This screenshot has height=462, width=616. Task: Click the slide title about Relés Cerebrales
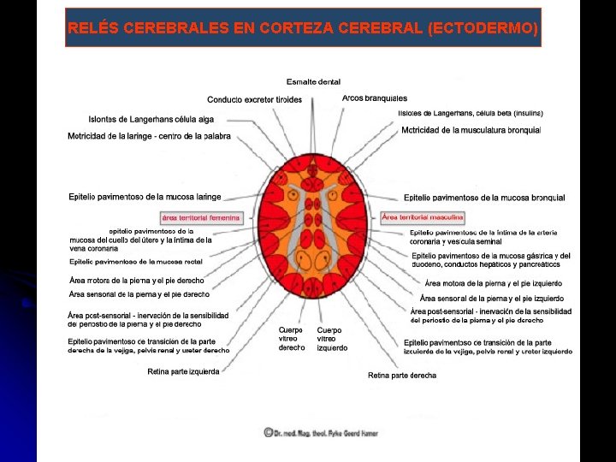[303, 28]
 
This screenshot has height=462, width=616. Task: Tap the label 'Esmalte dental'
[313, 82]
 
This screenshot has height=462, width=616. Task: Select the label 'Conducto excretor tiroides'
[254, 100]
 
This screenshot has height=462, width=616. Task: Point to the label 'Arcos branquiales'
[374, 98]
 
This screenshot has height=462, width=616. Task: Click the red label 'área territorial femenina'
[201, 217]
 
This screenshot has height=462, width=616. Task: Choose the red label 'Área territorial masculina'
[423, 216]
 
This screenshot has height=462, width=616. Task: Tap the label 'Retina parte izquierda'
[183, 371]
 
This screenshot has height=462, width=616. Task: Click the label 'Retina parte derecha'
[402, 375]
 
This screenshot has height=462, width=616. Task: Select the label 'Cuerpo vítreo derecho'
[291, 339]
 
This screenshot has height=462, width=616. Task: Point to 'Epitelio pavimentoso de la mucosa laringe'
[145, 197]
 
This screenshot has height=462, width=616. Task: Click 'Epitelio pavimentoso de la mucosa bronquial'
[484, 198]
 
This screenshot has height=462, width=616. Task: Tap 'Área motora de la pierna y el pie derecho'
[137, 281]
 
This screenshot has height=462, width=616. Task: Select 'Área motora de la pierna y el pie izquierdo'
[493, 282]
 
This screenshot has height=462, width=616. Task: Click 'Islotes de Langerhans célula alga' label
[151, 119]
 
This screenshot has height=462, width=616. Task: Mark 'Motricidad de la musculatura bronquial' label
[471, 130]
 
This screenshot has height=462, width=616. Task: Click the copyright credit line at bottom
[321, 433]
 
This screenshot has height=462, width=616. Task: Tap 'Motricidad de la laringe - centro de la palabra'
[149, 136]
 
